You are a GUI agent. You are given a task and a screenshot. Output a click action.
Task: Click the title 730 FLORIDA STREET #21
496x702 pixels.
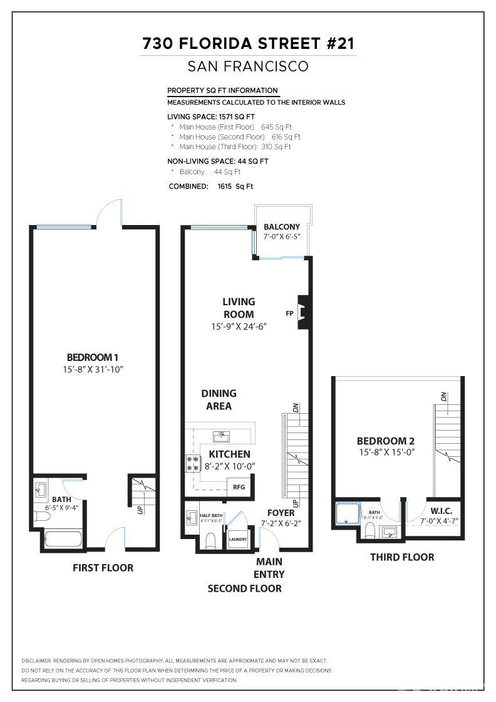point(248,43)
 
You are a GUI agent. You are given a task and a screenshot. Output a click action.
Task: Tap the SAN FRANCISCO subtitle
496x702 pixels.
point(248,66)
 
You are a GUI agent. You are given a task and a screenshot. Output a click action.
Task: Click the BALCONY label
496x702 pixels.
point(281,227)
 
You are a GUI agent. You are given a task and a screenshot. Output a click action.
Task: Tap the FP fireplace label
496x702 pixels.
point(289,313)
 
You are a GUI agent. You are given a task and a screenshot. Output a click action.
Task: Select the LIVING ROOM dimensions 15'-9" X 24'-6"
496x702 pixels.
point(239,327)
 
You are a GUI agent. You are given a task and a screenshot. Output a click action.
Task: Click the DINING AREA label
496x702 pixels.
point(219,400)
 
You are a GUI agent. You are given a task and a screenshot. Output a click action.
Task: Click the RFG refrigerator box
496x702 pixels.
point(239,486)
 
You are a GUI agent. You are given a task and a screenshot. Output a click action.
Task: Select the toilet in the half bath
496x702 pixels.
point(210,540)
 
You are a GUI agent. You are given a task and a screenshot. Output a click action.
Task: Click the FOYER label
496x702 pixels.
point(281,513)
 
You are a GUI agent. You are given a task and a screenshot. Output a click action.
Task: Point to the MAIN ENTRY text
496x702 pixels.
point(269,568)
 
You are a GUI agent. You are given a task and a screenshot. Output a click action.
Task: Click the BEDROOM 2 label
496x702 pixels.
point(385,441)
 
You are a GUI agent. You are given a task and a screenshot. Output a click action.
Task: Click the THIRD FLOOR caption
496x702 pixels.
point(401,557)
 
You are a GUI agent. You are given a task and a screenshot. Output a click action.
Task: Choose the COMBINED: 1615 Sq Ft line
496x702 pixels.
point(211,186)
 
